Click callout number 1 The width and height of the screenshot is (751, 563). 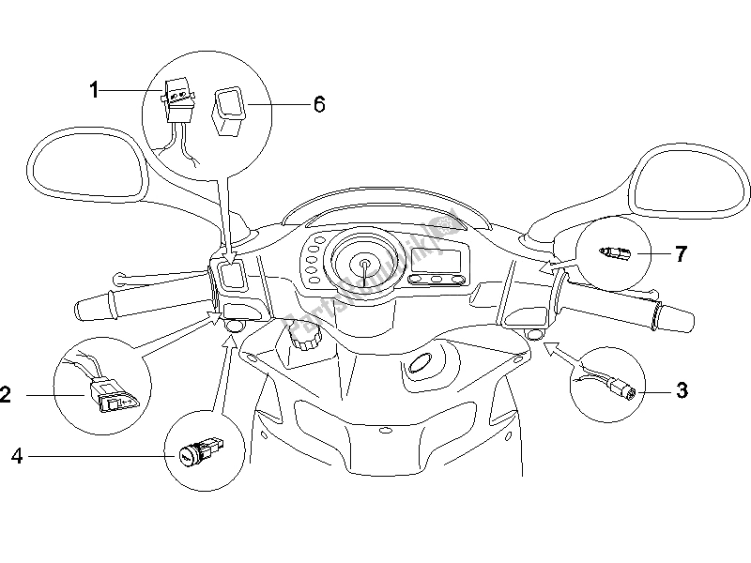pos(94,90)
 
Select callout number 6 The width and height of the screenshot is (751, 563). pos(293,104)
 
